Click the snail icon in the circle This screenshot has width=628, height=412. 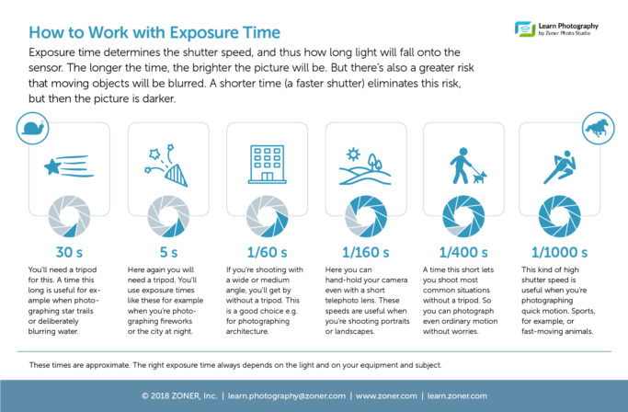point(33,128)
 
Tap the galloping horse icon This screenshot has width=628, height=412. point(597,128)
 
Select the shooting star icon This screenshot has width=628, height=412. point(69,166)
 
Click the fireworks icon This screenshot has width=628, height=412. point(166,166)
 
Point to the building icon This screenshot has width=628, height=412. point(268,165)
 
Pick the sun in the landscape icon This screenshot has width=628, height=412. point(353,154)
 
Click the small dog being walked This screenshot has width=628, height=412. point(479,177)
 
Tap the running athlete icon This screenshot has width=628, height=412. point(560,167)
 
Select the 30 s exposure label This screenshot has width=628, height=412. point(69,253)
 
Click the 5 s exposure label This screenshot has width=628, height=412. point(168,253)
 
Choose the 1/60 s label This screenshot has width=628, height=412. point(268,253)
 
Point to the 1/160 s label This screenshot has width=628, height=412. point(366,253)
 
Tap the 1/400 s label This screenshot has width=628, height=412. point(463,253)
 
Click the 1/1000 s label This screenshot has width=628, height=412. point(560,253)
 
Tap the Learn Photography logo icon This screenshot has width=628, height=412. point(525,29)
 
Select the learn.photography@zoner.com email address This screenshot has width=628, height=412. point(286,396)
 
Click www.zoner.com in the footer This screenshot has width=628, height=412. point(386,396)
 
